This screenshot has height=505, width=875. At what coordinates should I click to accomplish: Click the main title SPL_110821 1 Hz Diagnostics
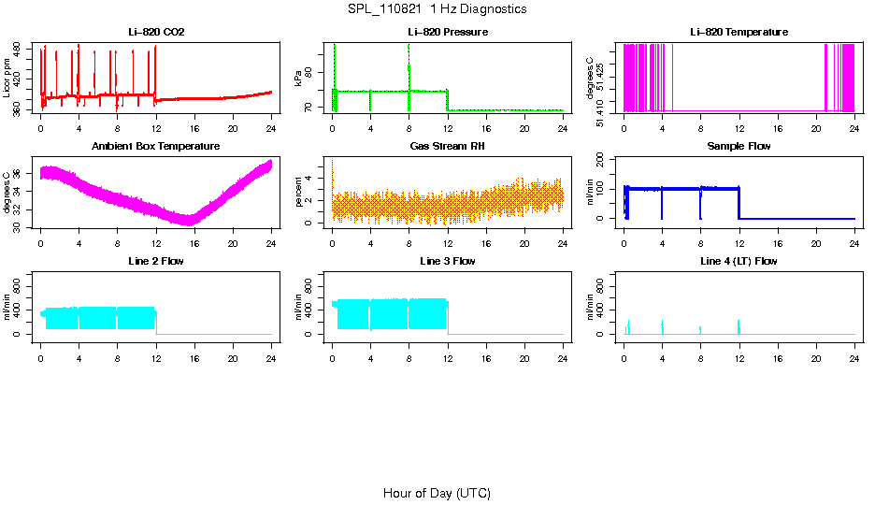pos(437,9)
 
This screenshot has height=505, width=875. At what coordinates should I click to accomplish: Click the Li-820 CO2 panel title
pos(156,33)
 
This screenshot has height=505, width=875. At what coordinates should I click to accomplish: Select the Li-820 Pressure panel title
pos(448,33)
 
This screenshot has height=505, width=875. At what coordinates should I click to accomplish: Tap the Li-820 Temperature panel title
pos(739,33)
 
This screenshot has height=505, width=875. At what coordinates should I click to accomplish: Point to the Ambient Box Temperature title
pos(156,147)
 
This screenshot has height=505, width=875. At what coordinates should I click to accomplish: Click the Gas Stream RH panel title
pos(448,147)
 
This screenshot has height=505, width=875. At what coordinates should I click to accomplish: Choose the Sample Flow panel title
pos(739,147)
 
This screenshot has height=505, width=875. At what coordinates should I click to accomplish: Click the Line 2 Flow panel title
pos(156,261)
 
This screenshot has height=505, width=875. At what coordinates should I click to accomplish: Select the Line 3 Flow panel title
pos(448,261)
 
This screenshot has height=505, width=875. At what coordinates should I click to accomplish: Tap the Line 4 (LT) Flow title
pos(739,261)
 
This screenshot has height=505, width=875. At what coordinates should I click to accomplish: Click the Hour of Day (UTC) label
pos(437,493)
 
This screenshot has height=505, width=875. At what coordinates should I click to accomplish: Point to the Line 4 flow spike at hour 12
pos(739,325)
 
